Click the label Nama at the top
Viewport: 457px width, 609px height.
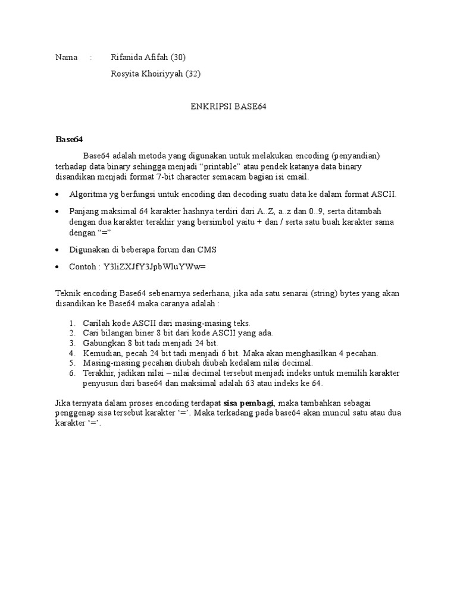66,58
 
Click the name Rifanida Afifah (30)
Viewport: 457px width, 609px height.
148,58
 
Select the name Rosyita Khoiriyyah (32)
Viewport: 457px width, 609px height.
156,74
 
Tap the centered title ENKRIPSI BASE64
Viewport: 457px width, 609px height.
228,107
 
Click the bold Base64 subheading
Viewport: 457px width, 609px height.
69,140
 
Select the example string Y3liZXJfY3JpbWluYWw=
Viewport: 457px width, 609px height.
154,267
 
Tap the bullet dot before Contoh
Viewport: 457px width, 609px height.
57,268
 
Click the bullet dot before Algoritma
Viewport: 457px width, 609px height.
57,195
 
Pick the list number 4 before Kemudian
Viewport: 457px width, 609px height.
71,353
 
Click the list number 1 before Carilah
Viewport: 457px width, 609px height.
71,323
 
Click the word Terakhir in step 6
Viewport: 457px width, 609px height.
99,373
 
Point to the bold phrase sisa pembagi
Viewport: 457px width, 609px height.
248,403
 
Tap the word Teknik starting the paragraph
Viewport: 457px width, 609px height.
67,293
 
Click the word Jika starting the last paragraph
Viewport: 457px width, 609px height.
62,403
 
